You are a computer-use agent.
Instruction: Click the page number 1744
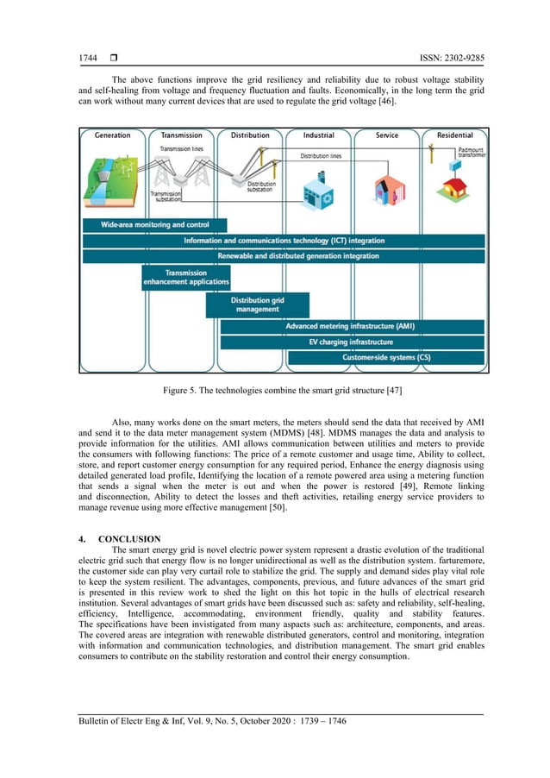point(89,59)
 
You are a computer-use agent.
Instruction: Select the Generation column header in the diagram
point(112,135)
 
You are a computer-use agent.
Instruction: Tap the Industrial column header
point(319,135)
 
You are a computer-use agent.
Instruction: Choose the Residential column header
point(454,135)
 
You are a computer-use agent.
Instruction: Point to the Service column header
point(387,135)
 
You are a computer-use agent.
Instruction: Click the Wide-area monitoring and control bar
point(143,224)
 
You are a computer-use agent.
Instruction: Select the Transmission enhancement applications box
point(186,278)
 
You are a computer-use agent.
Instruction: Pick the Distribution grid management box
point(257,304)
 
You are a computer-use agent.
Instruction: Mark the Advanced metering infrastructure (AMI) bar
point(350,327)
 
